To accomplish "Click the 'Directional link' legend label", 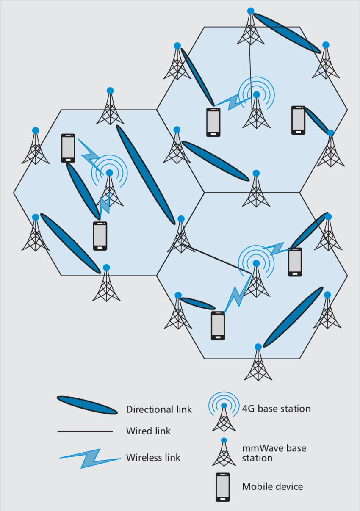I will [159, 409].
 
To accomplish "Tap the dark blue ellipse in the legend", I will [87, 405].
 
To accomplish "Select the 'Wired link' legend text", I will [148, 431].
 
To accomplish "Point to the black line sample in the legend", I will [85, 431].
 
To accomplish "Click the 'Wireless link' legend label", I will [153, 458].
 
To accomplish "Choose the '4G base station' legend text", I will [276, 409].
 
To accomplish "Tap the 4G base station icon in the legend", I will [224, 413].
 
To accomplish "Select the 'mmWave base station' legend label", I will [274, 453].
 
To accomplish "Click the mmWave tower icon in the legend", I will [224, 453].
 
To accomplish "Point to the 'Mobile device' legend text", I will [272, 486].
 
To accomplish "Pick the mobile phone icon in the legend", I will [223, 487].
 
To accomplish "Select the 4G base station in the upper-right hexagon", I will [256, 108].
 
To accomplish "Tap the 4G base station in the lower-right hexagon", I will [256, 277].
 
